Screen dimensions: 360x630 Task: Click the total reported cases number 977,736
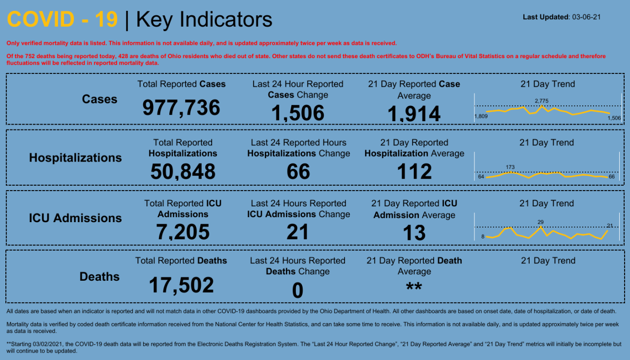(x=181, y=107)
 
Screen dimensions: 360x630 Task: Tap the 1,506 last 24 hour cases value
(x=298, y=113)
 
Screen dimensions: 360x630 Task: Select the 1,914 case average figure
(x=414, y=114)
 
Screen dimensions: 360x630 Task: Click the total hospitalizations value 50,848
(x=183, y=171)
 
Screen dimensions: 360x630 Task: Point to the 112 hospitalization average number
(x=414, y=171)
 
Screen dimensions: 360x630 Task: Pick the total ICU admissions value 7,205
(x=183, y=232)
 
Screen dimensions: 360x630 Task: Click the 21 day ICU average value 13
(x=414, y=232)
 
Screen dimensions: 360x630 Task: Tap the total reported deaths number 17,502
(x=182, y=285)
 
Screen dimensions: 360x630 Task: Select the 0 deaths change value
(x=297, y=291)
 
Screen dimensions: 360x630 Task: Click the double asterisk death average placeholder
(x=414, y=287)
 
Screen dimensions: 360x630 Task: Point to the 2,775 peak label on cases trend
(x=541, y=101)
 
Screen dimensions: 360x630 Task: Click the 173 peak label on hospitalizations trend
(x=510, y=167)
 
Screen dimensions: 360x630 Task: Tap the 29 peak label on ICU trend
(x=540, y=222)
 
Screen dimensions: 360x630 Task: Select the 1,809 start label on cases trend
(x=480, y=116)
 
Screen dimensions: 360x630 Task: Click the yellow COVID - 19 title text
(x=63, y=20)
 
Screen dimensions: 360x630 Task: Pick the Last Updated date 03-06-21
(x=586, y=17)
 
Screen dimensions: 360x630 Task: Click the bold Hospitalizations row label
(x=75, y=158)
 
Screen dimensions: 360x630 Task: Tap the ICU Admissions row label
(x=75, y=218)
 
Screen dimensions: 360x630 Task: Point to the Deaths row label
(x=99, y=277)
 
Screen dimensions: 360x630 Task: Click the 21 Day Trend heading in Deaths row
(x=548, y=261)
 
